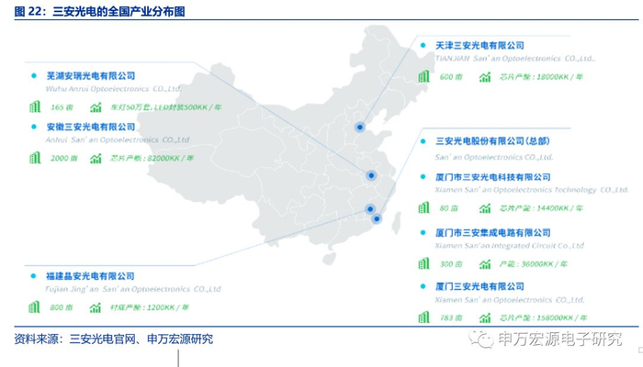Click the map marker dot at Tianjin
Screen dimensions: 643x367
(x=360, y=128)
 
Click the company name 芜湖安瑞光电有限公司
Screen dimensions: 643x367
(x=90, y=76)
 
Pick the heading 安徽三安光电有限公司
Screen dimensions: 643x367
(x=90, y=127)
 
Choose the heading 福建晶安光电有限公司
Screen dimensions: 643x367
(x=90, y=275)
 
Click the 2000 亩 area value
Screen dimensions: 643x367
(x=63, y=158)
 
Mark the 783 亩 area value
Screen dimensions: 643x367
(x=450, y=317)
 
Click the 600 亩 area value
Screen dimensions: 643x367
(x=450, y=77)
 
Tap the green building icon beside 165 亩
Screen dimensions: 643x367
(x=35, y=107)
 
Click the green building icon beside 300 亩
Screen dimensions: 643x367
(x=423, y=262)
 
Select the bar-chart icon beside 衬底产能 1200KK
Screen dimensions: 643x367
(x=96, y=306)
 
